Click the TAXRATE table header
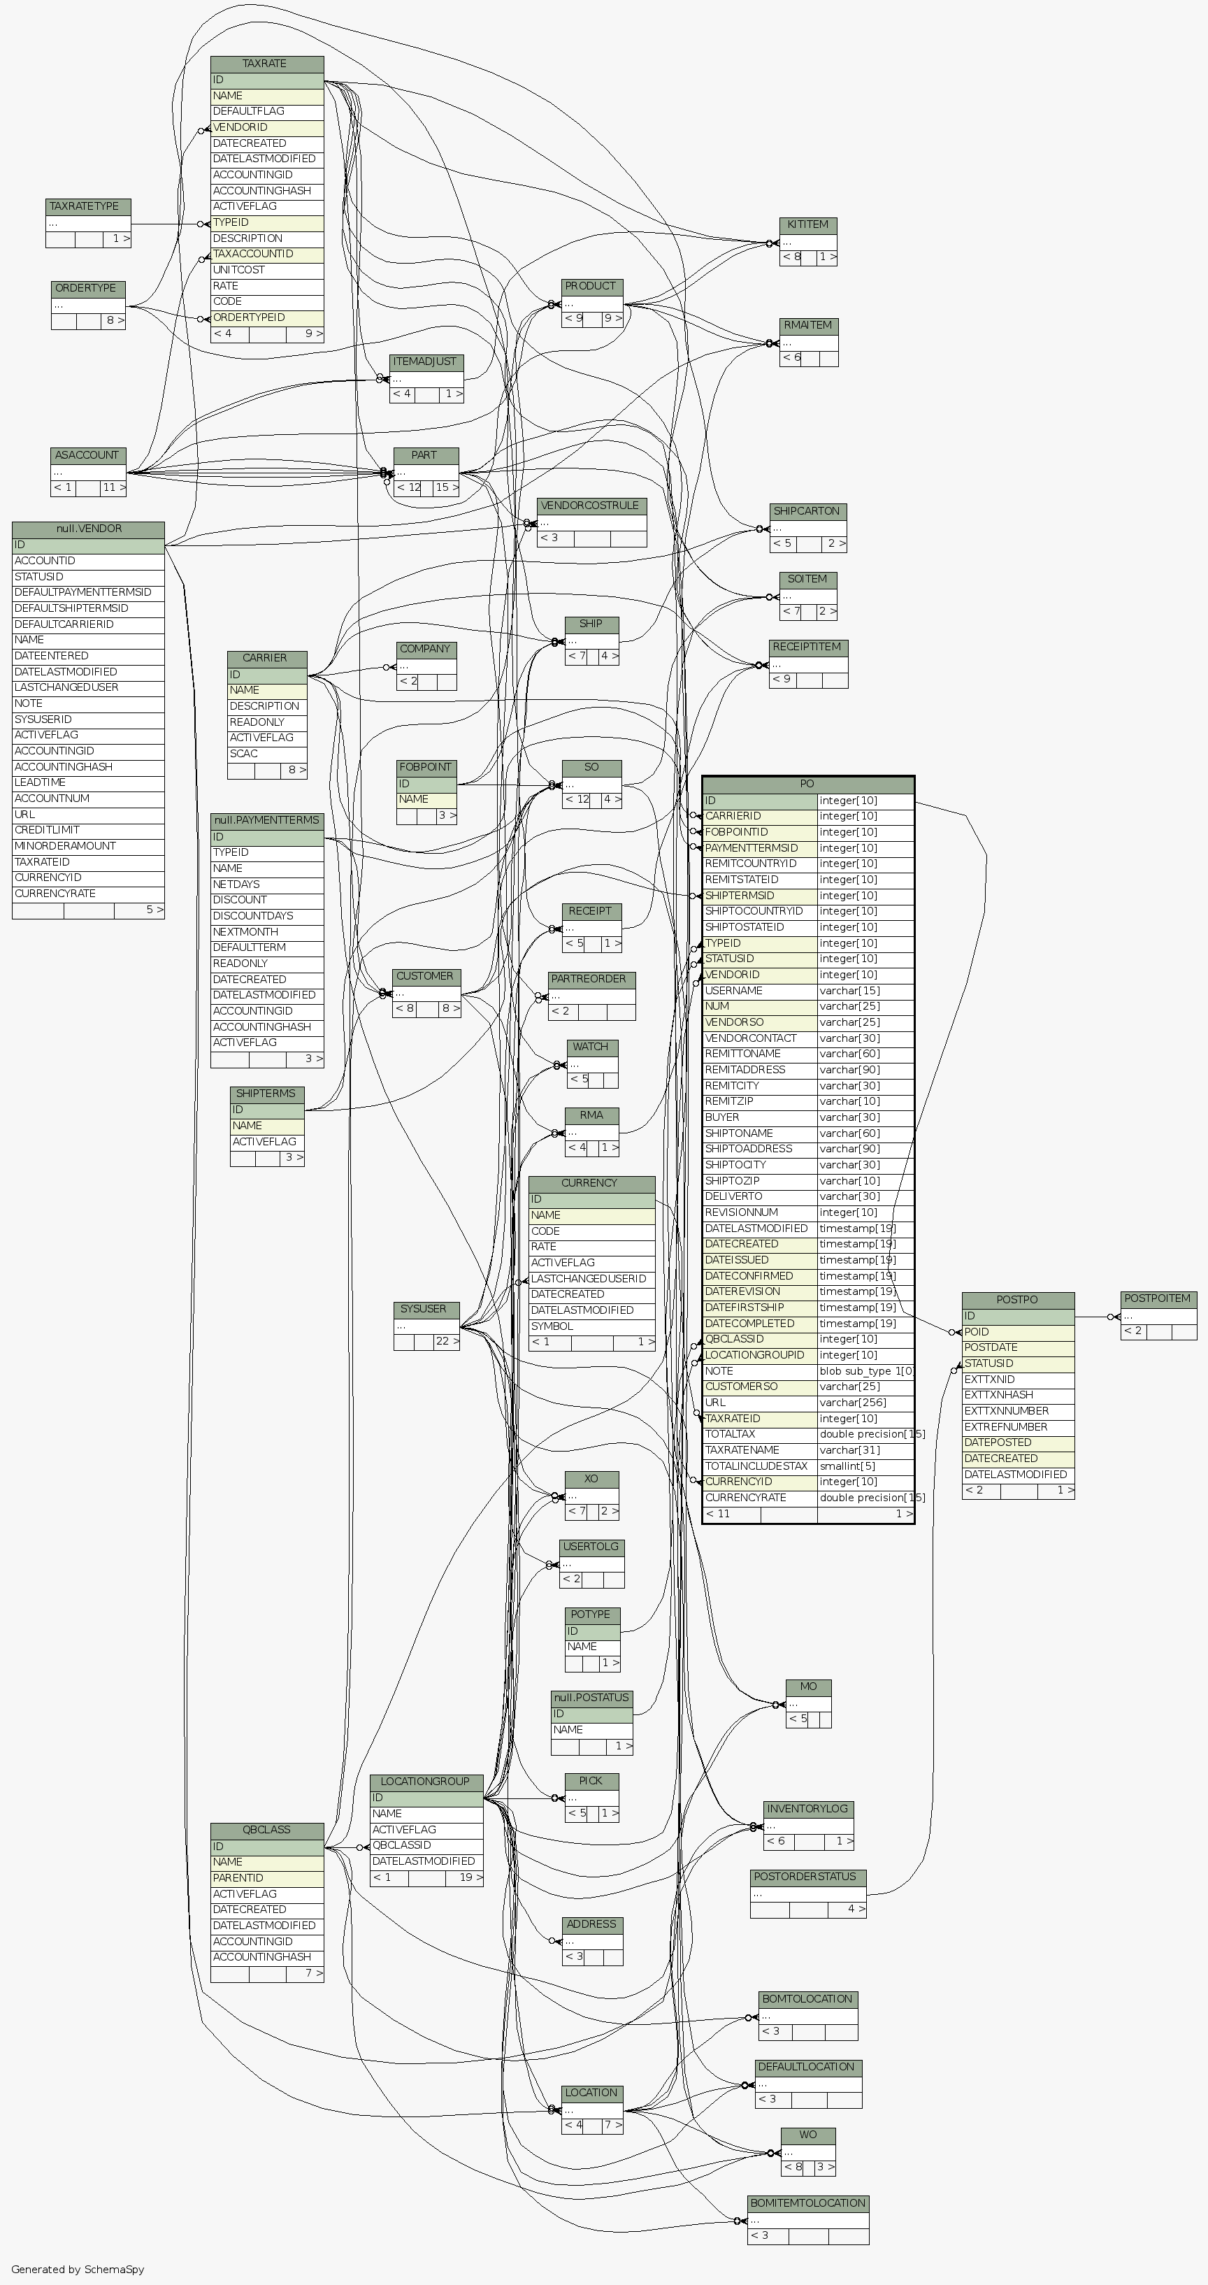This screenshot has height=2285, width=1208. (x=266, y=64)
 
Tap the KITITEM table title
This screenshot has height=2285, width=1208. (x=807, y=224)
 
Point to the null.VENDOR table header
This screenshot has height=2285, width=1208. (x=88, y=529)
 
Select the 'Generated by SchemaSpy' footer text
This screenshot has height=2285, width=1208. (x=78, y=2269)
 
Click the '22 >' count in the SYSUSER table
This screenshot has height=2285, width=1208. (x=446, y=1341)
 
